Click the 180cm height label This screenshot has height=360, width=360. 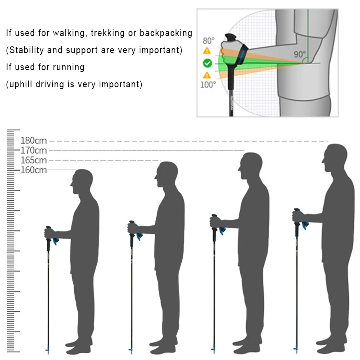tap(34, 140)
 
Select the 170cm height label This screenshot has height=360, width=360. tap(34, 150)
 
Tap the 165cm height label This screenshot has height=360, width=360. tap(34, 160)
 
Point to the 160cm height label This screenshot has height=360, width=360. tap(34, 170)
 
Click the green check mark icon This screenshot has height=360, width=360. tap(207, 63)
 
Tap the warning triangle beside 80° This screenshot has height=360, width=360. tap(207, 50)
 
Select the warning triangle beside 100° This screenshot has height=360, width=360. tap(207, 75)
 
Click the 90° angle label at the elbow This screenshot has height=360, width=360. tap(300, 54)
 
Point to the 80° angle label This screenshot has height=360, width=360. tap(208, 41)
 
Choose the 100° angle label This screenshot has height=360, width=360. tap(208, 85)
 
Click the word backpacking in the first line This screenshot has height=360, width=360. tap(166, 33)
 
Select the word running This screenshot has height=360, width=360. tap(69, 67)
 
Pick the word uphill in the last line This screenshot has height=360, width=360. tap(21, 85)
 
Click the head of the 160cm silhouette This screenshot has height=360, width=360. tap(82, 181)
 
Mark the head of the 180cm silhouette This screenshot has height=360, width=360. tap(335, 158)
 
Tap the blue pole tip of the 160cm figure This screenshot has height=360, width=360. tap(48, 350)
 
